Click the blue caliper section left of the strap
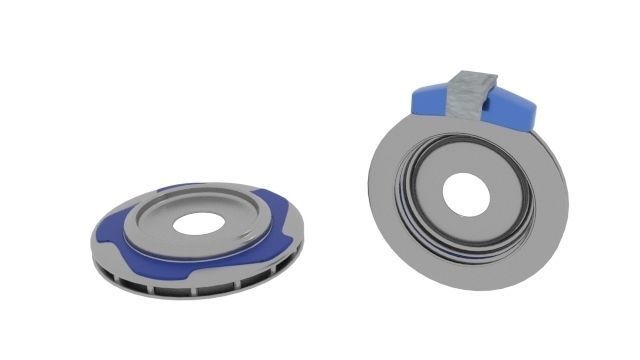click(x=430, y=97)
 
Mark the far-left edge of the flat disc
click(x=92, y=240)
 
